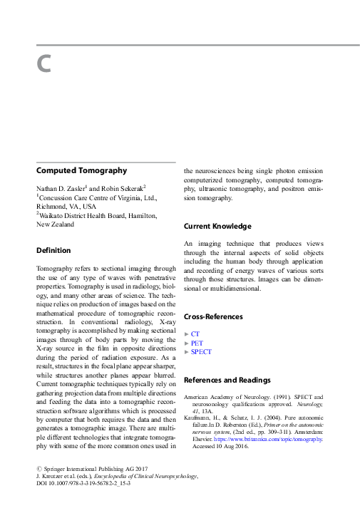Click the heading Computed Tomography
(x=81, y=171)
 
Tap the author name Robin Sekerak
(x=122, y=187)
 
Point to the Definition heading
(x=53, y=251)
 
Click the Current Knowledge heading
(x=217, y=227)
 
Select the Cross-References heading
(x=213, y=316)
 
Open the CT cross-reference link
(x=195, y=333)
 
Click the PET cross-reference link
(x=197, y=343)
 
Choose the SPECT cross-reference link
(x=201, y=352)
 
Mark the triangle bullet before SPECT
(x=186, y=352)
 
